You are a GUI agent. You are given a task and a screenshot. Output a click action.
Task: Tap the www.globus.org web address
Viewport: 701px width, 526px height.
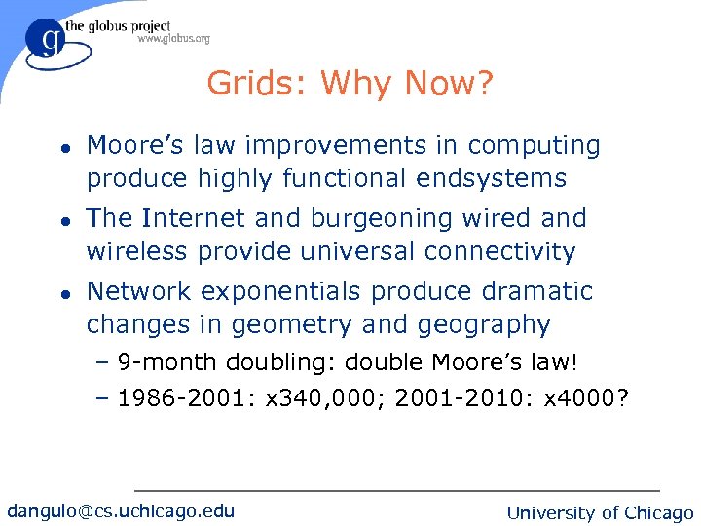[173, 39]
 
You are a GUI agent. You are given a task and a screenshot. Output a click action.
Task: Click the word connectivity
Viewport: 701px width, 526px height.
[500, 251]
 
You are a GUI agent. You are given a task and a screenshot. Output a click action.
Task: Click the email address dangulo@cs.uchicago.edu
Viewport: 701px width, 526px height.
[121, 510]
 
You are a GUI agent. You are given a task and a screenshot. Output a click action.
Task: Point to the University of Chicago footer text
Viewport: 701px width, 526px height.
[601, 512]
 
